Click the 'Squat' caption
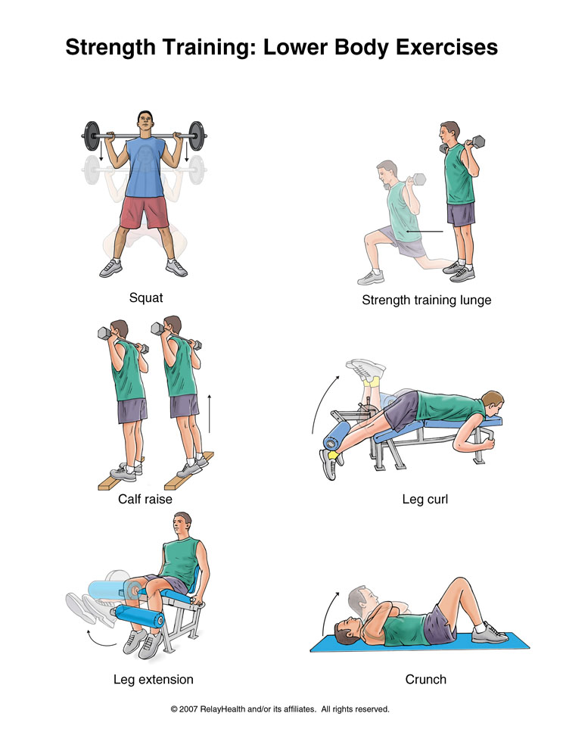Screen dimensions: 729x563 coord(146,298)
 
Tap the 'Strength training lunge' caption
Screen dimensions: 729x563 coord(426,300)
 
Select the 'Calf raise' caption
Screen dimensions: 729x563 coord(145,499)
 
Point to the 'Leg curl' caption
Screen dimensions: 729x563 coord(425,500)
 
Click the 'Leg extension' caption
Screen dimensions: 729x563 coord(154,679)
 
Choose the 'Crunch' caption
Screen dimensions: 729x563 coord(425,679)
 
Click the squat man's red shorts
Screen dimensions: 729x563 coord(145,211)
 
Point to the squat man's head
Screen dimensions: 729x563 coord(145,123)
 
